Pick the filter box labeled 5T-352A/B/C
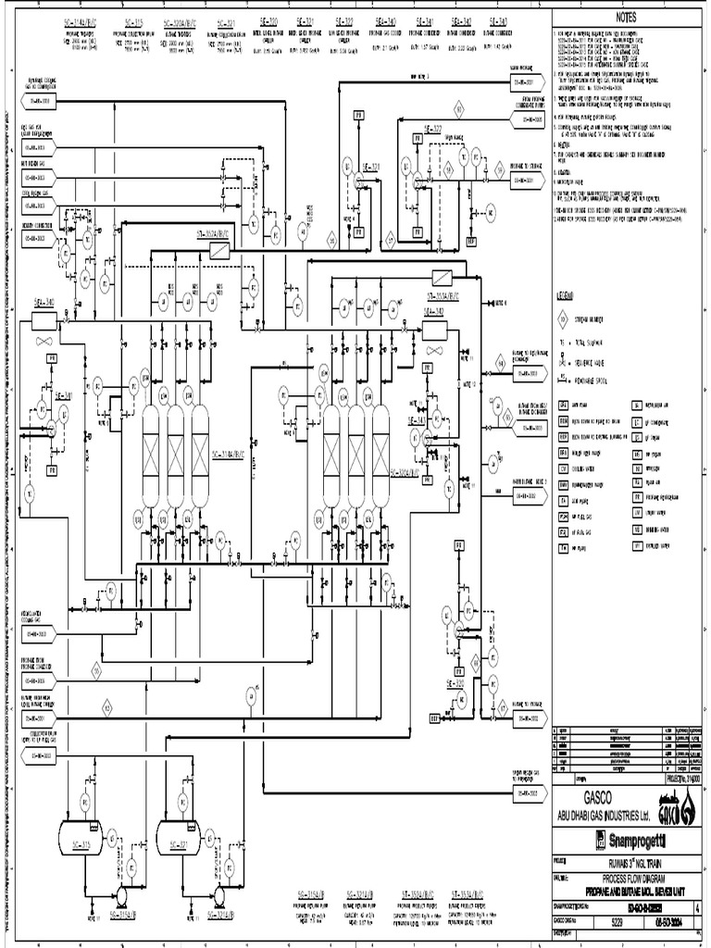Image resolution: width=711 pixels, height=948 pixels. click(214, 251)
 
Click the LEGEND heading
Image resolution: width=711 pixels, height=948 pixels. click(568, 296)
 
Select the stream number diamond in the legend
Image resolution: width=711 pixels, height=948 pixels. click(563, 321)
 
